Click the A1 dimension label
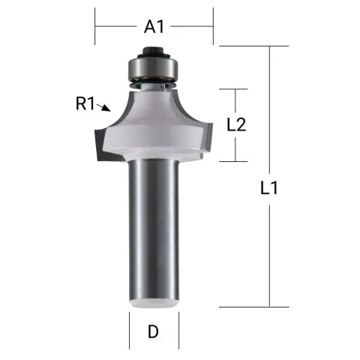(154, 27)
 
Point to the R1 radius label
(85, 104)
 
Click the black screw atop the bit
(154, 53)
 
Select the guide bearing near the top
(154, 69)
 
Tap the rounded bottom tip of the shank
(154, 301)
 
